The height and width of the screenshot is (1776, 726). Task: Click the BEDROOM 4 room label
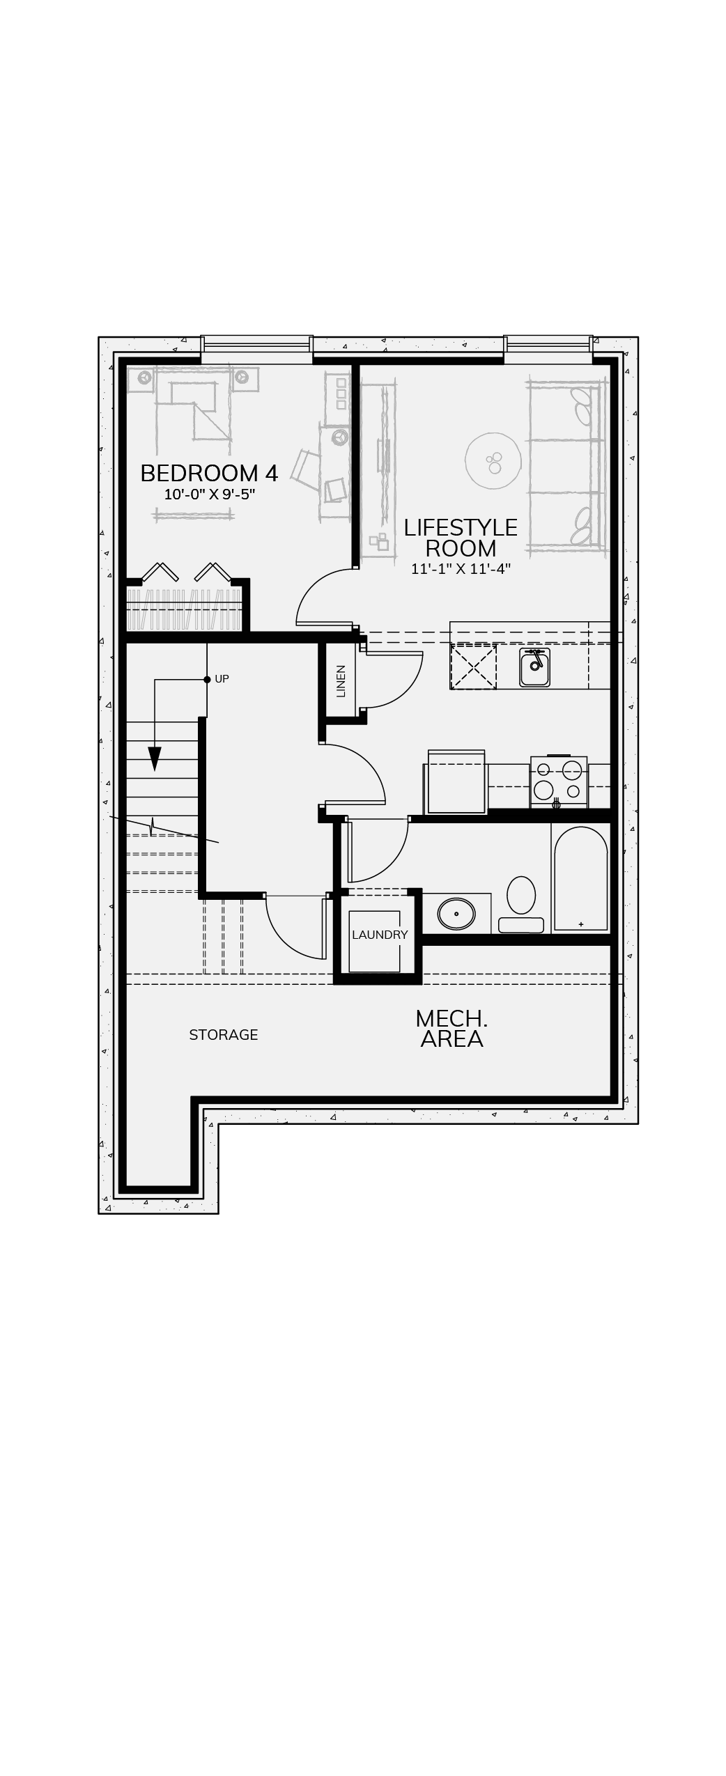209,474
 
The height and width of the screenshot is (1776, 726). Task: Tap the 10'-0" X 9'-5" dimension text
210,495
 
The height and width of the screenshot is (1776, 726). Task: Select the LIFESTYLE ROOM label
461,538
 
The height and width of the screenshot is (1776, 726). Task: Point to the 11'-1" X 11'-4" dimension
461,569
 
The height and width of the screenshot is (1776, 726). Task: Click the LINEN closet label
341,681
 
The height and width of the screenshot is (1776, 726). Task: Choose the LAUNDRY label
380,935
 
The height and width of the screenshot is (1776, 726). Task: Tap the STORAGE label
224,1035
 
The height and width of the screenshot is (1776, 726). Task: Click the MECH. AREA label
451,1029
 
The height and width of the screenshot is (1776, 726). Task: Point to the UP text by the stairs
222,678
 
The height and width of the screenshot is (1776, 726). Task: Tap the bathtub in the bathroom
581,880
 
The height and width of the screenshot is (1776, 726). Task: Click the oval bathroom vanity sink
456,913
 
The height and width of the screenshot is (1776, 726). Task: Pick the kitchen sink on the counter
534,667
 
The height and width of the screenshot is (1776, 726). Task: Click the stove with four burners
559,781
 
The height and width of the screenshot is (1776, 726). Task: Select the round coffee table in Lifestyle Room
493,460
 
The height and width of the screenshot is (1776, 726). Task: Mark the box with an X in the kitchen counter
474,667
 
